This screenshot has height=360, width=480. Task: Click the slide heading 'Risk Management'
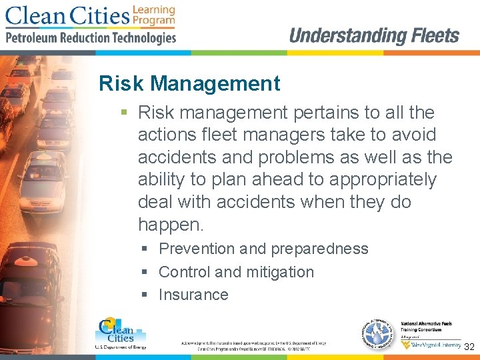tap(189, 84)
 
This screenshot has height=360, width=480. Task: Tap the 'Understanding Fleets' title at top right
tap(374, 36)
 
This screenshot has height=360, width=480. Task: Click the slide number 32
tap(469, 347)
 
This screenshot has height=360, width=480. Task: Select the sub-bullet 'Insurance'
tap(193, 295)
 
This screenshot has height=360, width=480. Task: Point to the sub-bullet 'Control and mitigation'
tap(236, 272)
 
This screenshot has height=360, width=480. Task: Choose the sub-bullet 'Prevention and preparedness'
tap(263, 249)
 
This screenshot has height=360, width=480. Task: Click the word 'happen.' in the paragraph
tap(171, 225)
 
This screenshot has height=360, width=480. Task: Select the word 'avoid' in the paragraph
tap(413, 135)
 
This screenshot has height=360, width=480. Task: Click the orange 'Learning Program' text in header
tap(154, 15)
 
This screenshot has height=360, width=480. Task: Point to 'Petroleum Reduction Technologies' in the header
tap(91, 37)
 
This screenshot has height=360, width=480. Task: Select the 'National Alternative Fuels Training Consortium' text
tap(430, 326)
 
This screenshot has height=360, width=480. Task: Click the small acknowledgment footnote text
tap(253, 345)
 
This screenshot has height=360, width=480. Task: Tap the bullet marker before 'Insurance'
tap(145, 295)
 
